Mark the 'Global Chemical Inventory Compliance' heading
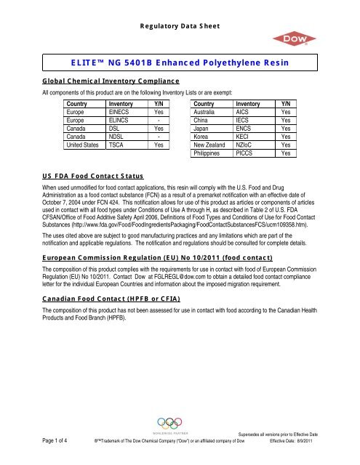click(x=105, y=82)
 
